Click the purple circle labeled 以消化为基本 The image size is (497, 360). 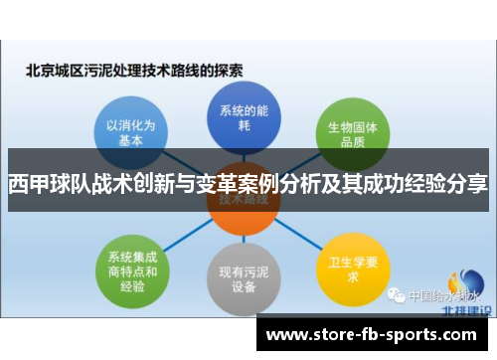coord(130,128)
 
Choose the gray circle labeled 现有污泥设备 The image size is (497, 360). coord(242,277)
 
